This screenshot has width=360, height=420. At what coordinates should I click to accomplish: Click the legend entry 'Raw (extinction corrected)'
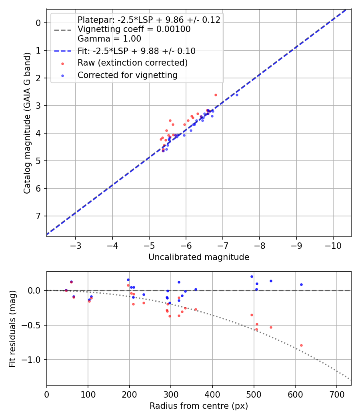pyautogui.click(x=132, y=63)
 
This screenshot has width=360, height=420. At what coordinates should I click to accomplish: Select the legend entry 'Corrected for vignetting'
pyautogui.click(x=128, y=75)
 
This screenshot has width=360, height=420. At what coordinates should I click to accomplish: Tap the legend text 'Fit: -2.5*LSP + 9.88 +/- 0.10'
pyautogui.click(x=136, y=51)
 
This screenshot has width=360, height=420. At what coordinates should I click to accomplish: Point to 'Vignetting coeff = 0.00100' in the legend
pyautogui.click(x=134, y=29)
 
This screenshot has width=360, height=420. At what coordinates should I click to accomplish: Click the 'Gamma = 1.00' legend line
pyautogui.click(x=109, y=39)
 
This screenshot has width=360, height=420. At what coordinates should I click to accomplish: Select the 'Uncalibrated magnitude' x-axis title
pyautogui.click(x=199, y=257)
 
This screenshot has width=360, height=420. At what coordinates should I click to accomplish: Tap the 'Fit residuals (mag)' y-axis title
pyautogui.click(x=12, y=329)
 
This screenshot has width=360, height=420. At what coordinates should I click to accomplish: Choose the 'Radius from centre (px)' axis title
pyautogui.click(x=199, y=406)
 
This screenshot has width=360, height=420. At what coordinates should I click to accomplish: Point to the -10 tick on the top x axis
pyautogui.click(x=333, y=245)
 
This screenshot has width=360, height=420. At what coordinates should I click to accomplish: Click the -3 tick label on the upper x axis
pyautogui.click(x=76, y=245)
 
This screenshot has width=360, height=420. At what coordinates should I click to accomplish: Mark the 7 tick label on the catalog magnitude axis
pyautogui.click(x=38, y=216)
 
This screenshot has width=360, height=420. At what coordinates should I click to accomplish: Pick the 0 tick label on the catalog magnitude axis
pyautogui.click(x=38, y=23)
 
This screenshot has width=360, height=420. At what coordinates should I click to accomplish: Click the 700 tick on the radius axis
pyautogui.click(x=336, y=394)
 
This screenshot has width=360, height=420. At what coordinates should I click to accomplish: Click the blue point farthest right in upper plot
pyautogui.click(x=237, y=95)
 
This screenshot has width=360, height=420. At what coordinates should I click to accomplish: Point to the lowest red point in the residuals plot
pyautogui.click(x=301, y=345)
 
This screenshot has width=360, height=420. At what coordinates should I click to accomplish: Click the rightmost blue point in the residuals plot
pyautogui.click(x=301, y=284)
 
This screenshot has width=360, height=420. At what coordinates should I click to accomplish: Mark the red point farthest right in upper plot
pyautogui.click(x=216, y=95)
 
